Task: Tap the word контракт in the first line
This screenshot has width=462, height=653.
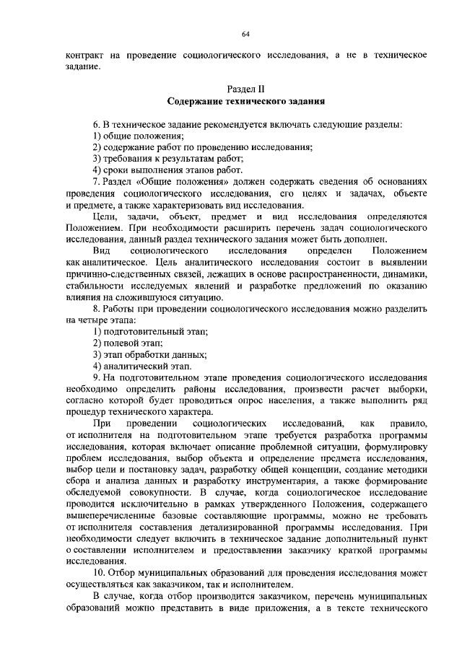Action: (x=84, y=56)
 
